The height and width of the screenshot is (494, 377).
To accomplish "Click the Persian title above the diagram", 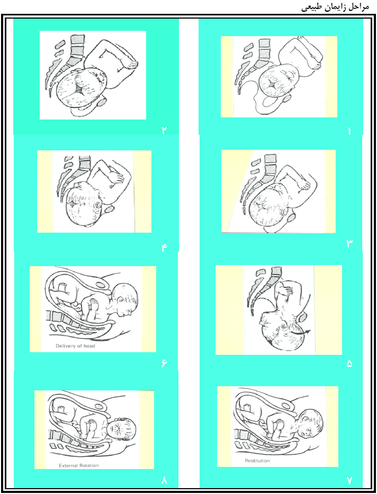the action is tap(335, 7).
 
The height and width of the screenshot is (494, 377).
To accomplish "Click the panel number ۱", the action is tap(349, 131).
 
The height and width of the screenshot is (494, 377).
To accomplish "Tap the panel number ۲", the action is tap(164, 131).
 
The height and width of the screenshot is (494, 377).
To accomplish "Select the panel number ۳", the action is tap(349, 243).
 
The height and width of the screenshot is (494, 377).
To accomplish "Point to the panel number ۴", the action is tap(164, 248).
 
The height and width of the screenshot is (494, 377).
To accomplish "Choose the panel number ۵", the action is tap(349, 364).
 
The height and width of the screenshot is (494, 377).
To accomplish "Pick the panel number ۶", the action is tap(164, 364).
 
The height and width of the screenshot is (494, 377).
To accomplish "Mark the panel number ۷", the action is tap(349, 480).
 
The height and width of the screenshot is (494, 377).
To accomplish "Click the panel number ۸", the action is tap(164, 481).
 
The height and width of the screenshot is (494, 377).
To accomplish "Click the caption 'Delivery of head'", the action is tap(75, 346).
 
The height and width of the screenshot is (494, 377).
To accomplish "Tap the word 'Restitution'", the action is tap(258, 461).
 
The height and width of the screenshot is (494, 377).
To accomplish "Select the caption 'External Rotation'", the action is tap(79, 465).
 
